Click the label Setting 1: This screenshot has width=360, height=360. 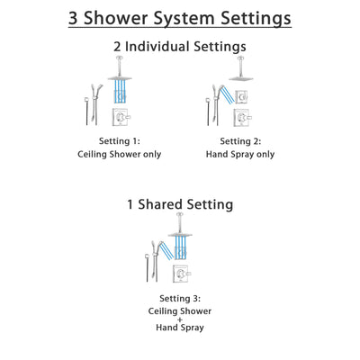click(x=120, y=141)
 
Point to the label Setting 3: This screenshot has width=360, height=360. click(x=179, y=298)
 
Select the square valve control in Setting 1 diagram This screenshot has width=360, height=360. click(x=121, y=117)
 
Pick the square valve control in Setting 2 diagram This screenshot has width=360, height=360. click(x=239, y=117)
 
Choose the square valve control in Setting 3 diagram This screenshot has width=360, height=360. click(x=180, y=274)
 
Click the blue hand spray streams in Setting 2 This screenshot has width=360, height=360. click(x=220, y=94)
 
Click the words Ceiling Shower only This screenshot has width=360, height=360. click(x=120, y=154)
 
